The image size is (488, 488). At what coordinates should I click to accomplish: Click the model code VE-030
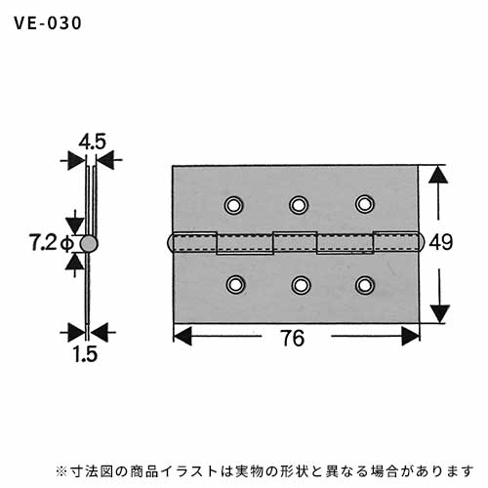coord(48,23)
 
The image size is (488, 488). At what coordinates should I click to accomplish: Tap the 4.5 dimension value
coord(93,142)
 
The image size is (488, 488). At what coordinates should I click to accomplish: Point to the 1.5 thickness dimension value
coord(85,354)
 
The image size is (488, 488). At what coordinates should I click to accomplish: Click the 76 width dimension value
coord(293,339)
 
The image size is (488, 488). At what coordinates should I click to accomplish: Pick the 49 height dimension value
coord(441,242)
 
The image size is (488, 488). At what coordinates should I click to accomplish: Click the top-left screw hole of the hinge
coord(233,205)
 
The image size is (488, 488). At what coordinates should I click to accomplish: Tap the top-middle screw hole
coord(299,205)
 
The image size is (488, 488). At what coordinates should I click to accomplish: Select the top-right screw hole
coord(365,204)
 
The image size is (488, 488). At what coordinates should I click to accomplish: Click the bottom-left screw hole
coord(235,285)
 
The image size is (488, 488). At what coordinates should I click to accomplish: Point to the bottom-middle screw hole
coord(301,285)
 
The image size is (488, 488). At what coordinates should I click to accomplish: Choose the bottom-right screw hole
coord(365,285)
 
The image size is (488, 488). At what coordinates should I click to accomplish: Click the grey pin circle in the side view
coord(89,244)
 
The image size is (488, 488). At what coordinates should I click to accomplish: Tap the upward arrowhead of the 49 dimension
coord(438,175)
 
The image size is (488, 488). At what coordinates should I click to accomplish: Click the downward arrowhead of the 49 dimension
coord(440,313)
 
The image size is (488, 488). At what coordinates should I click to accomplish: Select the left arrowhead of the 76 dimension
coord(183,336)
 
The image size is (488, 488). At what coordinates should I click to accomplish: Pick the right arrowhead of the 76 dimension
coord(411,337)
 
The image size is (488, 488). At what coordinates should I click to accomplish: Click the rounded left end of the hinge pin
coord(170,243)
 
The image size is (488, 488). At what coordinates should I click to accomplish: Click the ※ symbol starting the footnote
coord(61,471)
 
